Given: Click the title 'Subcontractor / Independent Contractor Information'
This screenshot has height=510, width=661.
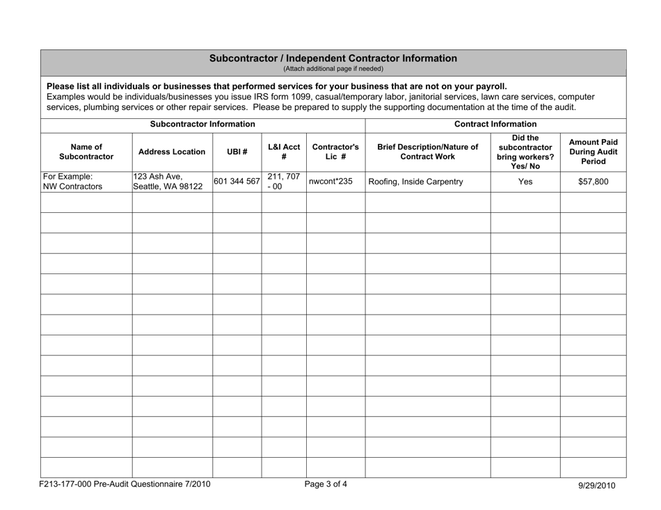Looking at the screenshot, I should [333, 58].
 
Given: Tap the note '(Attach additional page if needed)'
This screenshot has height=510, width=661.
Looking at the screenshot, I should [333, 69].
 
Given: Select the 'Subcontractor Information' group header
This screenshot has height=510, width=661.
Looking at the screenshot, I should [202, 125].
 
